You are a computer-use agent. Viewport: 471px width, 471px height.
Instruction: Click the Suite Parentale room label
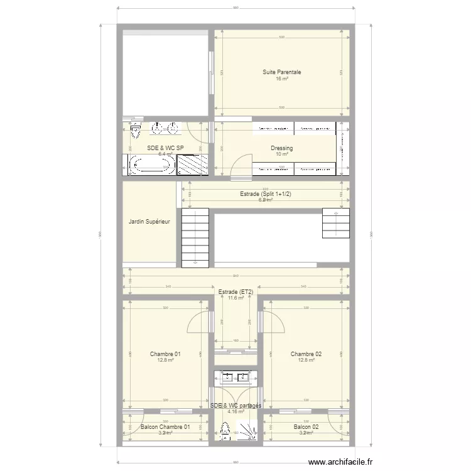coord(281,72)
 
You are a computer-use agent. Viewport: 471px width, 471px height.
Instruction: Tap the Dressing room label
coord(282,148)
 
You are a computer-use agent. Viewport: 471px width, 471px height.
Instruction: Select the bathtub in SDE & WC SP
coord(150,165)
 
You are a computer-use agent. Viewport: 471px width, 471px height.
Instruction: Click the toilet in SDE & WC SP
coord(135,132)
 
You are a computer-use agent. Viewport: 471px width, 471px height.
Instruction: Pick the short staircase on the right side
coord(335,224)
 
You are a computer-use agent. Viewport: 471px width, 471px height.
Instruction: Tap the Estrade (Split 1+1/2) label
coord(266,194)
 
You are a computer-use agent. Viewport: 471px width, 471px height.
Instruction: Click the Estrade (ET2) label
coord(235,292)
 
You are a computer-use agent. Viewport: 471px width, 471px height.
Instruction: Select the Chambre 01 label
coord(165,354)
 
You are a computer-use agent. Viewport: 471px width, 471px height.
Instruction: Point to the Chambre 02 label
coord(306,354)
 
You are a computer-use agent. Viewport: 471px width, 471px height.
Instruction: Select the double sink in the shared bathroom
coord(235,377)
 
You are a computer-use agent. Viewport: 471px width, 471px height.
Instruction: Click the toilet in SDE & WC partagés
coord(224,431)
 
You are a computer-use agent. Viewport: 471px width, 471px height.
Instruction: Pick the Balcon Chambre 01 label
coord(165,427)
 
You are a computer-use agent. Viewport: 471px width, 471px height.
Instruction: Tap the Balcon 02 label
coord(306,427)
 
